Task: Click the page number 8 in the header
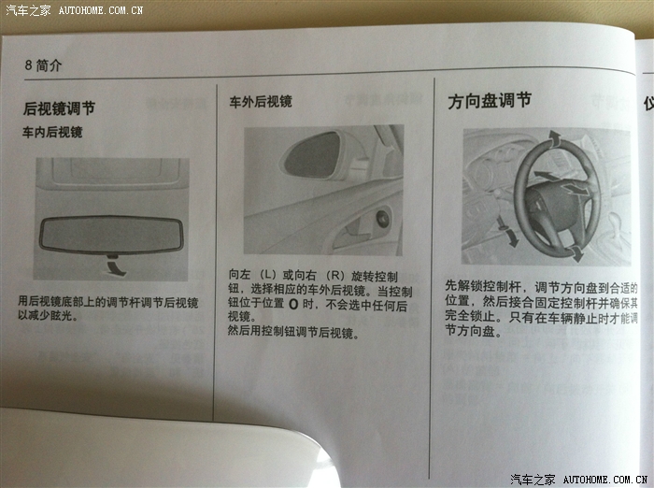tap(28, 65)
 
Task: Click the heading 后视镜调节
tap(59, 108)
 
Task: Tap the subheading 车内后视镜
tap(52, 133)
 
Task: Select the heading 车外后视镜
tap(261, 102)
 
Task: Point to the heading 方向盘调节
tap(490, 101)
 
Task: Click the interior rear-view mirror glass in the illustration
tap(111, 235)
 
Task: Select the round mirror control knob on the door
tap(382, 219)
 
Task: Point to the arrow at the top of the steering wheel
tap(555, 138)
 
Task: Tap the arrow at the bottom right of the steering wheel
tap(576, 253)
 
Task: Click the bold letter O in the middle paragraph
tap(293, 305)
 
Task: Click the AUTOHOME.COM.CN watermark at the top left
tap(101, 10)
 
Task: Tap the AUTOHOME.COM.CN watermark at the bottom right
tap(605, 480)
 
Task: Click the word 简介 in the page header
tap(49, 65)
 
